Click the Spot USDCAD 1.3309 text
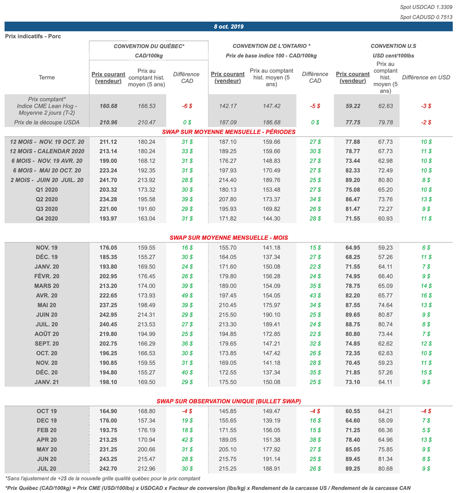click(426, 8)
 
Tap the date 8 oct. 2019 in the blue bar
click(229, 27)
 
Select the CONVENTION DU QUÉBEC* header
click(149, 46)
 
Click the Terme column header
click(47, 78)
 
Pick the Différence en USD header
click(426, 78)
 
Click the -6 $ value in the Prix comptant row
click(187, 106)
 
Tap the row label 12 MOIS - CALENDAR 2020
click(47, 151)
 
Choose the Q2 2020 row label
click(47, 199)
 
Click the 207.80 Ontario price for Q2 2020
click(228, 199)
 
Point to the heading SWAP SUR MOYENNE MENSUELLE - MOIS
click(229, 238)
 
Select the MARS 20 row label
click(47, 286)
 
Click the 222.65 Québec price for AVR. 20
click(108, 296)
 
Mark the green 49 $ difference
click(187, 296)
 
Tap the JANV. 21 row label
click(47, 382)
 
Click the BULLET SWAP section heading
click(229, 401)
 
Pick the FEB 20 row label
click(47, 430)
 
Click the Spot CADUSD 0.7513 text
click(426, 17)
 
